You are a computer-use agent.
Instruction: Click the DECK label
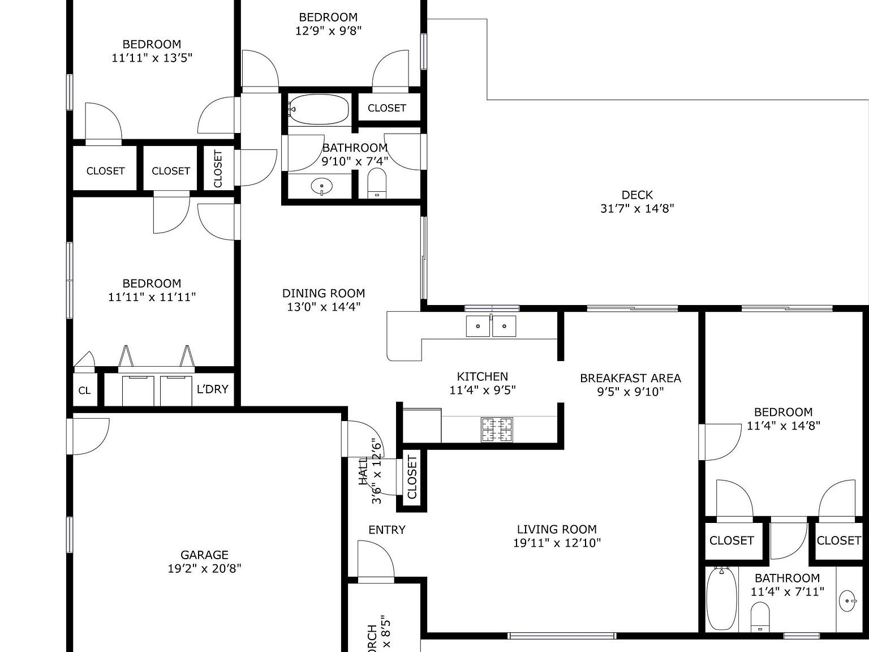[637, 195]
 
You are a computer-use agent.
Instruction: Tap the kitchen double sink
[491, 326]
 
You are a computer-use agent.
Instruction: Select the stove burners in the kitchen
[497, 429]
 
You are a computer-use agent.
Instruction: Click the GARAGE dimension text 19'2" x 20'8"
[204, 568]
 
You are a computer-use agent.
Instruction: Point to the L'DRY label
[212, 389]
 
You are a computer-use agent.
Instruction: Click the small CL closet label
[84, 391]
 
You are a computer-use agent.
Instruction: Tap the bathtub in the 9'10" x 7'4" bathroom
[319, 109]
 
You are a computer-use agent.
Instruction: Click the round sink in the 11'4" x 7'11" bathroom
[848, 601]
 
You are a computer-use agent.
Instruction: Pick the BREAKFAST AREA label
[630, 378]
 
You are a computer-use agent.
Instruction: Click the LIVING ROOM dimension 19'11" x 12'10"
[557, 543]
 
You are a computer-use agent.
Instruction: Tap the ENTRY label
[387, 530]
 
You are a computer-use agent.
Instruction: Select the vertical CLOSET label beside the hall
[412, 477]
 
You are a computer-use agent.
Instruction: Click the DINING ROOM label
[324, 293]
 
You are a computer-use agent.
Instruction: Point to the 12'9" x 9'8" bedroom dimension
[328, 31]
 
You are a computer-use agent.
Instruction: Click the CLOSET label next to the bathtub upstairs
[387, 108]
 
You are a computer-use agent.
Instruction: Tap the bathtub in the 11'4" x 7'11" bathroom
[721, 599]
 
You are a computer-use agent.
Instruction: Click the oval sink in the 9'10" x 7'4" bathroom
[322, 186]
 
